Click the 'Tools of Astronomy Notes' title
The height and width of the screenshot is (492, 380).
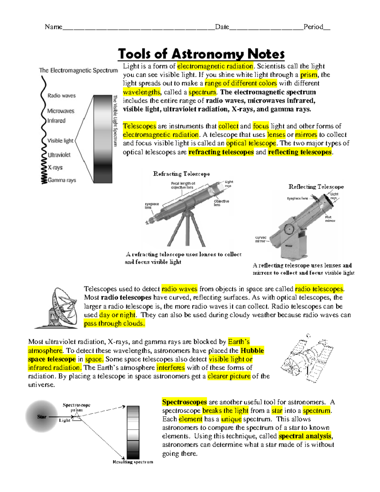201,54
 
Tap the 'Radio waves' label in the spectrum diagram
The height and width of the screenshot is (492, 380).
61,96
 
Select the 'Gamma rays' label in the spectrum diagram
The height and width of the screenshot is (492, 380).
62,180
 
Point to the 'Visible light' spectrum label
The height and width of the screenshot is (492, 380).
60,141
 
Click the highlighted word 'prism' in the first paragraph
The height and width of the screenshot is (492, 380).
308,75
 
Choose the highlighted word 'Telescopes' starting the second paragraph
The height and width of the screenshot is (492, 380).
139,126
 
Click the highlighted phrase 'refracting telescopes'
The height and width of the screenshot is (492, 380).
221,152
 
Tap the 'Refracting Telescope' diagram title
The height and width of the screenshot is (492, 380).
181,174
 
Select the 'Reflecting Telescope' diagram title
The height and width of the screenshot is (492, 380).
316,187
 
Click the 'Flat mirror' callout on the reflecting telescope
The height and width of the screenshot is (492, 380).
330,219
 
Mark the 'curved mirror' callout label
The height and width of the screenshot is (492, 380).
261,239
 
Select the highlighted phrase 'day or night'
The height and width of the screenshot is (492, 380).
117,315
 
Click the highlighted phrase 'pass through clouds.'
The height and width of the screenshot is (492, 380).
114,323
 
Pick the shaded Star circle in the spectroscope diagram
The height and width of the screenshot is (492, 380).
41,416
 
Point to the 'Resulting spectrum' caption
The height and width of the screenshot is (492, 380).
133,462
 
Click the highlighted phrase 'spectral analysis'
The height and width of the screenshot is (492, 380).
305,436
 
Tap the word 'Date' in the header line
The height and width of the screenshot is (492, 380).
222,27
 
